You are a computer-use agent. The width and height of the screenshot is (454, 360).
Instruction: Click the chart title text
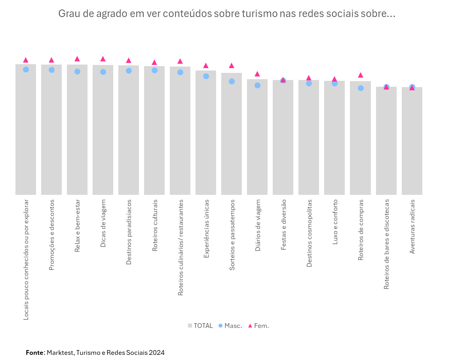tap(226, 14)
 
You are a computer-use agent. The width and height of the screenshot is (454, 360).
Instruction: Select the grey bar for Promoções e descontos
tap(51, 131)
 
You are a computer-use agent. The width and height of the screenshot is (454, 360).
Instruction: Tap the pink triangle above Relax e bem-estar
tap(77, 59)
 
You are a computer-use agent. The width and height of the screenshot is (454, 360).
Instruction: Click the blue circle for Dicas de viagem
tap(103, 72)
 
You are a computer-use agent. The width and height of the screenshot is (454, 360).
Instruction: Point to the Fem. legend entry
tap(258, 326)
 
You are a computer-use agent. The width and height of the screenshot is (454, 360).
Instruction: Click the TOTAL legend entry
tap(200, 326)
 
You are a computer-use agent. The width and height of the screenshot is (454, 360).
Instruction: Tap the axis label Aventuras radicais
tap(412, 227)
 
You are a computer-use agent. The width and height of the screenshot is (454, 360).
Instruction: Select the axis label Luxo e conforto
tap(335, 222)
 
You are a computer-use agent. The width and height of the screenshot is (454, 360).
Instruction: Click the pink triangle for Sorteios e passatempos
tap(232, 65)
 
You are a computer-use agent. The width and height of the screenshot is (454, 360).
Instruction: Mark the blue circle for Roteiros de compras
tap(361, 88)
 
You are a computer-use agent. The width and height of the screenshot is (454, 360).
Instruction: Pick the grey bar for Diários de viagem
tap(257, 139)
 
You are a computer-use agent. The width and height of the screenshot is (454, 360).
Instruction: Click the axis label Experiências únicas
tap(206, 229)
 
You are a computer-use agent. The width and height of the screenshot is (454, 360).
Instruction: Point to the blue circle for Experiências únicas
tap(206, 76)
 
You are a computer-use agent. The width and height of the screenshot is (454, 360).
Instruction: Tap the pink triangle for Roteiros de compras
tap(361, 75)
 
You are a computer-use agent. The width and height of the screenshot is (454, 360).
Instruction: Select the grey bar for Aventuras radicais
tap(412, 143)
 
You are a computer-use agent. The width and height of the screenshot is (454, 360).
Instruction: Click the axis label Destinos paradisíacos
tap(129, 232)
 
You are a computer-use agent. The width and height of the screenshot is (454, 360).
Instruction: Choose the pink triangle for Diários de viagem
tap(257, 74)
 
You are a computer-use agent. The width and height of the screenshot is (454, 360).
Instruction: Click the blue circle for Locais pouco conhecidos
tap(26, 69)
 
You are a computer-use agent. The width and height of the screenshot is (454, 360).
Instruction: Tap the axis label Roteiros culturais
tap(155, 225)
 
